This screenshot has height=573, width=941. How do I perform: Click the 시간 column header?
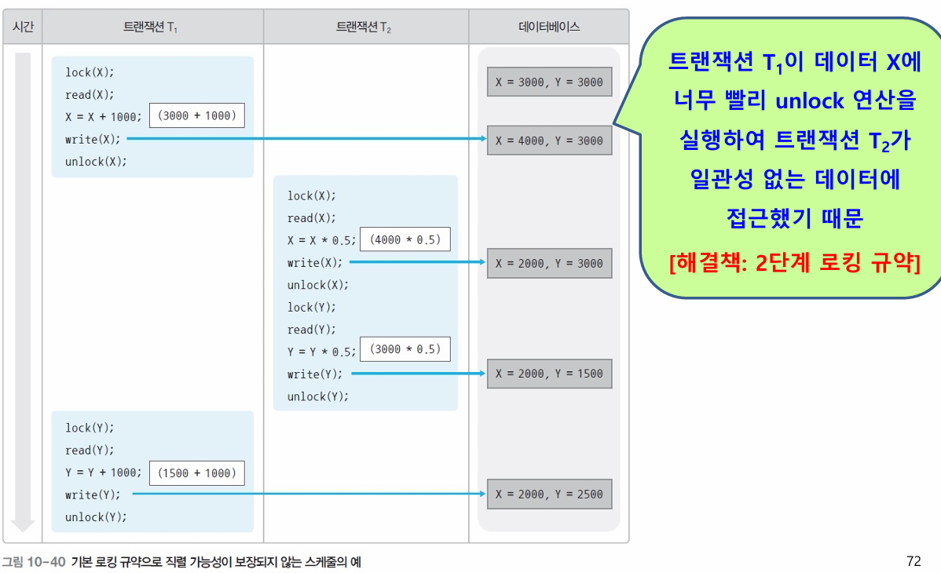[22, 27]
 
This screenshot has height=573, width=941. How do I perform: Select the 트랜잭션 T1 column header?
[152, 27]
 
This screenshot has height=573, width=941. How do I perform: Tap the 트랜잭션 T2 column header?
[364, 27]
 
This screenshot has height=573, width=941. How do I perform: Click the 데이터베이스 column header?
[549, 27]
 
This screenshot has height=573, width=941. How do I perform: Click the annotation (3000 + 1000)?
[196, 116]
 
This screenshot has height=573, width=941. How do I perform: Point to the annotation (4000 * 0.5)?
[405, 239]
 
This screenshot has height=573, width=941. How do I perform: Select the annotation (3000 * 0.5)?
[405, 349]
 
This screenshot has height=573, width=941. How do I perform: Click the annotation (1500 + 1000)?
[196, 473]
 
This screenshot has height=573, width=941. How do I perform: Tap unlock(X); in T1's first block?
[96, 162]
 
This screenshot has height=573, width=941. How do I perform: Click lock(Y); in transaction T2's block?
[311, 307]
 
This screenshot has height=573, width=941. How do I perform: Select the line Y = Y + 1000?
[104, 473]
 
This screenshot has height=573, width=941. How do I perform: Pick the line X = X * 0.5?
[322, 240]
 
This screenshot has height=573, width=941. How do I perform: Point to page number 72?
[913, 561]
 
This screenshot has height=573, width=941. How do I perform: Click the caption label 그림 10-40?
[33, 562]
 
